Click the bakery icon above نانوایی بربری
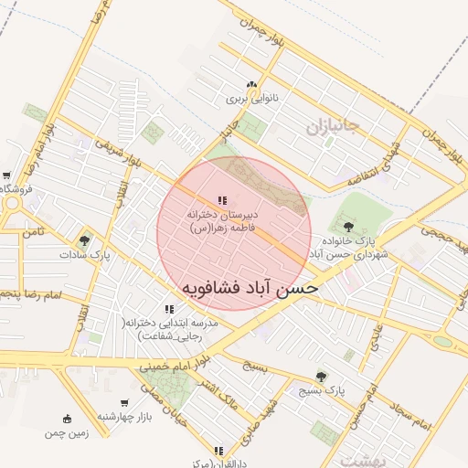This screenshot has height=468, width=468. tap(251, 85)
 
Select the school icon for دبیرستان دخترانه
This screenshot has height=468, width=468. tap(222, 199)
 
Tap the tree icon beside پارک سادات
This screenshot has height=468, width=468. tap(85, 241)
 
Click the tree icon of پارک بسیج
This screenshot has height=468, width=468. tap(320, 376)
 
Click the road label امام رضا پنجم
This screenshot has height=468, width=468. tap(30, 294)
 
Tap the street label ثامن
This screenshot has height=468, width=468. tap(34, 234)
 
